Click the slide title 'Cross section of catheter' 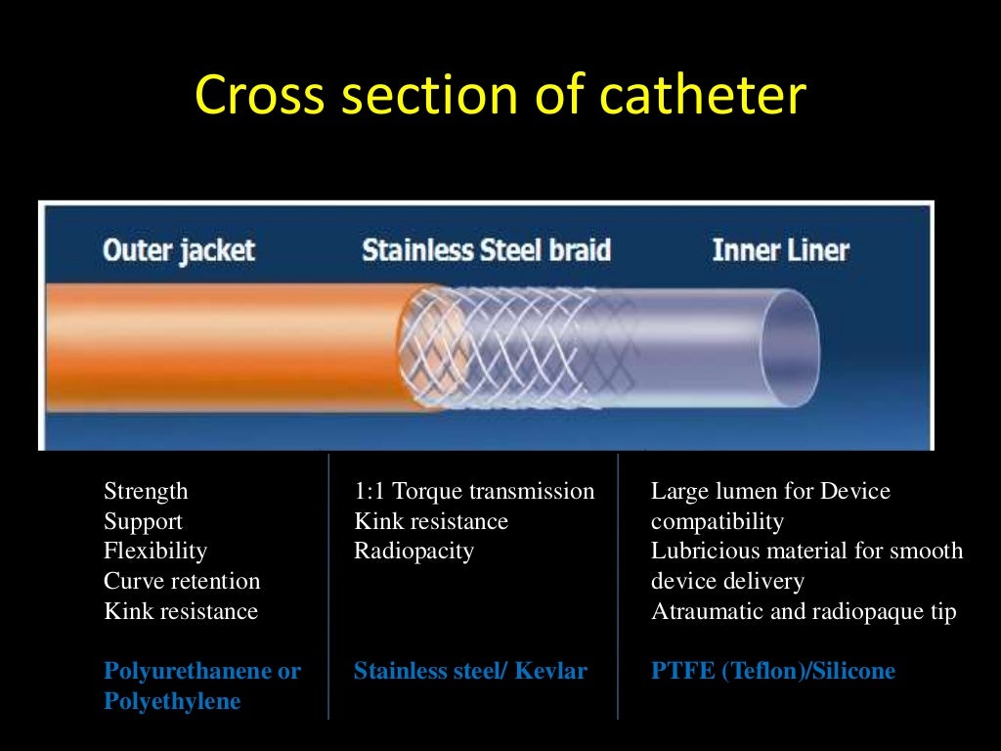tap(500, 97)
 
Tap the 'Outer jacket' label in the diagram tap(178, 249)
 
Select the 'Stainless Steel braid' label tap(486, 250)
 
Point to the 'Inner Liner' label tap(780, 250)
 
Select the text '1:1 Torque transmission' tap(474, 491)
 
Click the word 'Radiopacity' tap(413, 552)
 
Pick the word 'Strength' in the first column tap(146, 491)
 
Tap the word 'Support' tap(143, 521)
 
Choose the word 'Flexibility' tap(155, 552)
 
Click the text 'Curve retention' tap(182, 582)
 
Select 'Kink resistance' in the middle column tap(431, 521)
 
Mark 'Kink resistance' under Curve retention tap(181, 612)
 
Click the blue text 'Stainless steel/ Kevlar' tap(470, 672)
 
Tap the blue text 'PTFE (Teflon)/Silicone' tap(773, 672)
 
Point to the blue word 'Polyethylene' tap(172, 702)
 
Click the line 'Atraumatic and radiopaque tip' tap(804, 612)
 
